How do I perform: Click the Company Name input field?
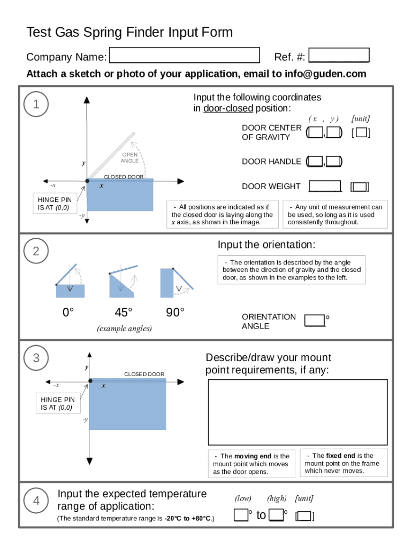[x=184, y=56]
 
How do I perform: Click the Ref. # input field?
[x=339, y=56]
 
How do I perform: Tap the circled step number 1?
[x=36, y=105]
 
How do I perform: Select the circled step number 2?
[x=36, y=251]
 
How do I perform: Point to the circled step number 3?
[x=36, y=358]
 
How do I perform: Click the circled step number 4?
[x=36, y=501]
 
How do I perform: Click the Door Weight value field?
[x=325, y=186]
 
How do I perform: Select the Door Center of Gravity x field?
[x=315, y=132]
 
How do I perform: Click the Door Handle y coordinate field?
[x=334, y=161]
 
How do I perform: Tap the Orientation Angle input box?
[x=315, y=321]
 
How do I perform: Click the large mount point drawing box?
[x=297, y=412]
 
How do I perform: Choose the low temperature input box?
[x=241, y=515]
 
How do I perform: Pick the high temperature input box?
[x=276, y=515]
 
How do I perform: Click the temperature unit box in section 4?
[x=304, y=516]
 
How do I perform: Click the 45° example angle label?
[x=123, y=312]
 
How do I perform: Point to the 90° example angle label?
[x=175, y=312]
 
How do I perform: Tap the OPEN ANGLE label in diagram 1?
[x=129, y=158]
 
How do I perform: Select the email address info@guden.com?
[x=325, y=74]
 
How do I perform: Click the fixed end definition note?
[x=343, y=463]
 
